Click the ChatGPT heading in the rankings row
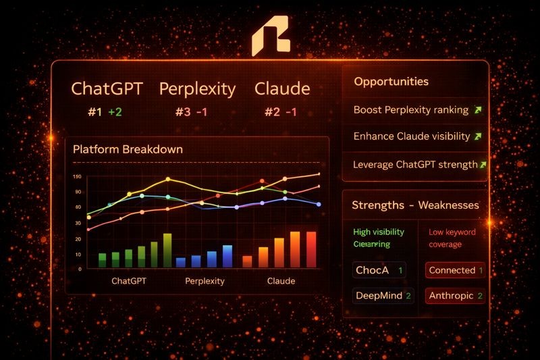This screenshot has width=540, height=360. coord(105,89)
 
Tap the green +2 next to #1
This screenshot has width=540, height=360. coord(115,112)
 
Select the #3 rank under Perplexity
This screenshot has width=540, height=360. coord(183,112)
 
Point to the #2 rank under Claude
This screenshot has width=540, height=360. coord(272,112)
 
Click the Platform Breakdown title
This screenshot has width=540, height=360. coord(128,149)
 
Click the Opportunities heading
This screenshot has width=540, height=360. coord(391,82)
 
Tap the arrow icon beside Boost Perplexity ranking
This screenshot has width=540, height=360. coord(478,109)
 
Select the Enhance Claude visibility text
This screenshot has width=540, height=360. coord(412,136)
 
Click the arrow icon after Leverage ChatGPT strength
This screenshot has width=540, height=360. coord(483,164)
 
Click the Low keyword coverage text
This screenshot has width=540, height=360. coord(452,238)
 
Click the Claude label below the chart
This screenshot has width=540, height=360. coord(281,280)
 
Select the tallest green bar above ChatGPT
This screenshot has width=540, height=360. coord(167,250)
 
